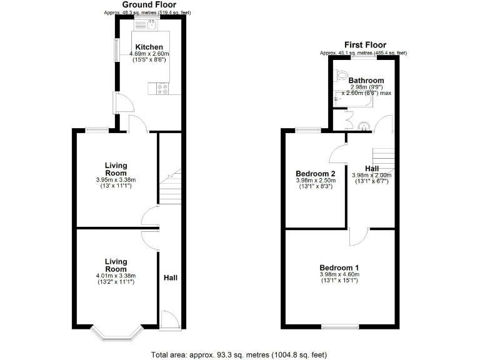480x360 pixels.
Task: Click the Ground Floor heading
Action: click(x=149, y=5)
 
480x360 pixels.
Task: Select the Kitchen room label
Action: click(x=149, y=47)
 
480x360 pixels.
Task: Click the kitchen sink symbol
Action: click(x=150, y=25)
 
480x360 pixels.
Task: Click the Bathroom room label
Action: click(x=366, y=81)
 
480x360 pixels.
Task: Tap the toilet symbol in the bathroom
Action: click(x=341, y=76)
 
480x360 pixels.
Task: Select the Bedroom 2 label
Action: click(x=316, y=174)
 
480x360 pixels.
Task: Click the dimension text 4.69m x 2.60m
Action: click(x=149, y=54)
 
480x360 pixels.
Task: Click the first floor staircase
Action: click(x=383, y=159)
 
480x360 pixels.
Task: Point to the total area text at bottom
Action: click(x=239, y=355)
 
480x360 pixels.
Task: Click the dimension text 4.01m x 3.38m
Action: click(x=116, y=276)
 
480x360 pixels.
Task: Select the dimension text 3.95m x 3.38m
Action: click(x=116, y=180)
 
